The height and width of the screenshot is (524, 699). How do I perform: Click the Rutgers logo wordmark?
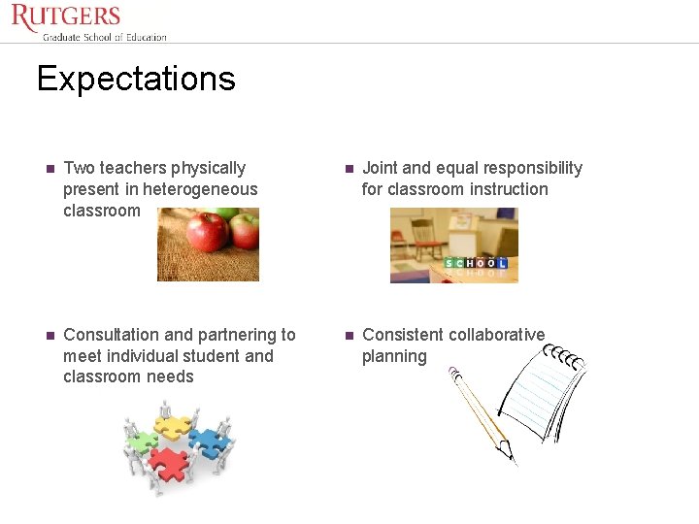point(66,16)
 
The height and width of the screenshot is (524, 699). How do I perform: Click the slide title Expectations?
point(136,79)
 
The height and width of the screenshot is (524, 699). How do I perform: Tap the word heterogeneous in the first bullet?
point(200,189)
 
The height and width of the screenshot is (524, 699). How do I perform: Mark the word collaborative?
point(500,335)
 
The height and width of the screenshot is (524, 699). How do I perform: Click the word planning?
point(394,356)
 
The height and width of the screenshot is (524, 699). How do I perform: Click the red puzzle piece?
point(169,465)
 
